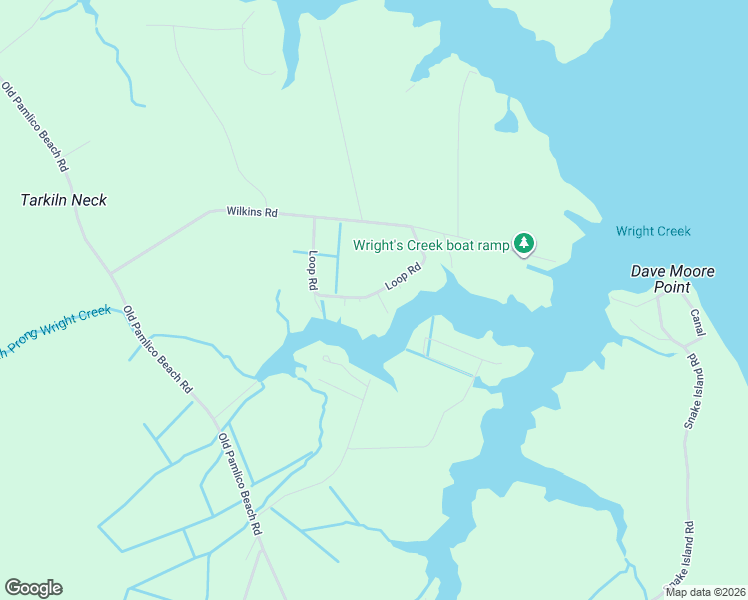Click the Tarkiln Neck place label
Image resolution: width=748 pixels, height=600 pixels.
coord(64,200)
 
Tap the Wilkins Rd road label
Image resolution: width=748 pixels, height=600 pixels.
coord(251,212)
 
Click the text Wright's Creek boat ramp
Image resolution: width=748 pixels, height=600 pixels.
coord(431,244)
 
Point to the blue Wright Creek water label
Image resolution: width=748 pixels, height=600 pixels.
coord(653,232)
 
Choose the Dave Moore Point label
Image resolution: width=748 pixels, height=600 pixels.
coord(660,279)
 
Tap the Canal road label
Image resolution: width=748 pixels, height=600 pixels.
coord(697,322)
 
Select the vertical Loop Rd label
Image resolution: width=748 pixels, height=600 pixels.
coord(313,270)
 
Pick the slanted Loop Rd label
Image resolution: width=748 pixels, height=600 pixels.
coord(404,276)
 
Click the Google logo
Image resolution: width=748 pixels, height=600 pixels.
coord(33,588)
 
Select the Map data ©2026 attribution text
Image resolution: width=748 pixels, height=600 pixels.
coord(705,592)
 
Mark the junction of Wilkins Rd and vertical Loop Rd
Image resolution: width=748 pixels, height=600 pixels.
coord(315,217)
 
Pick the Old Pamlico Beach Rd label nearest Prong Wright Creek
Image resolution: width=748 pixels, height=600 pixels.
coord(158,350)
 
